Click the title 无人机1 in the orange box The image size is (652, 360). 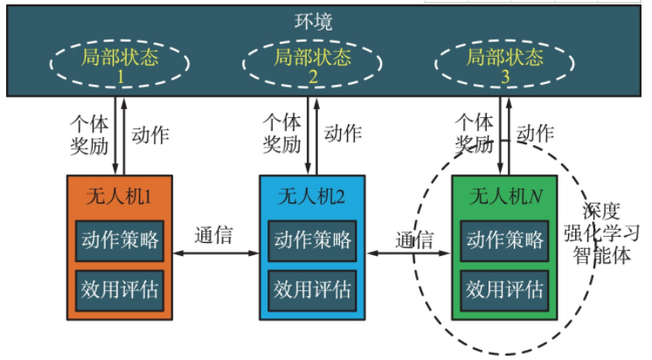[x=120, y=197]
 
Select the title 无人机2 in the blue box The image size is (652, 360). [x=312, y=197]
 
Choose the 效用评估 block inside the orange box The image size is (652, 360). [x=120, y=287]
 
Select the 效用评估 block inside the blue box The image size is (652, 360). [x=312, y=287]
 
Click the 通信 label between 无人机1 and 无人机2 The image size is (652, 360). [x=212, y=235]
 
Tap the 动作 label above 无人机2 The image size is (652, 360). [x=343, y=134]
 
